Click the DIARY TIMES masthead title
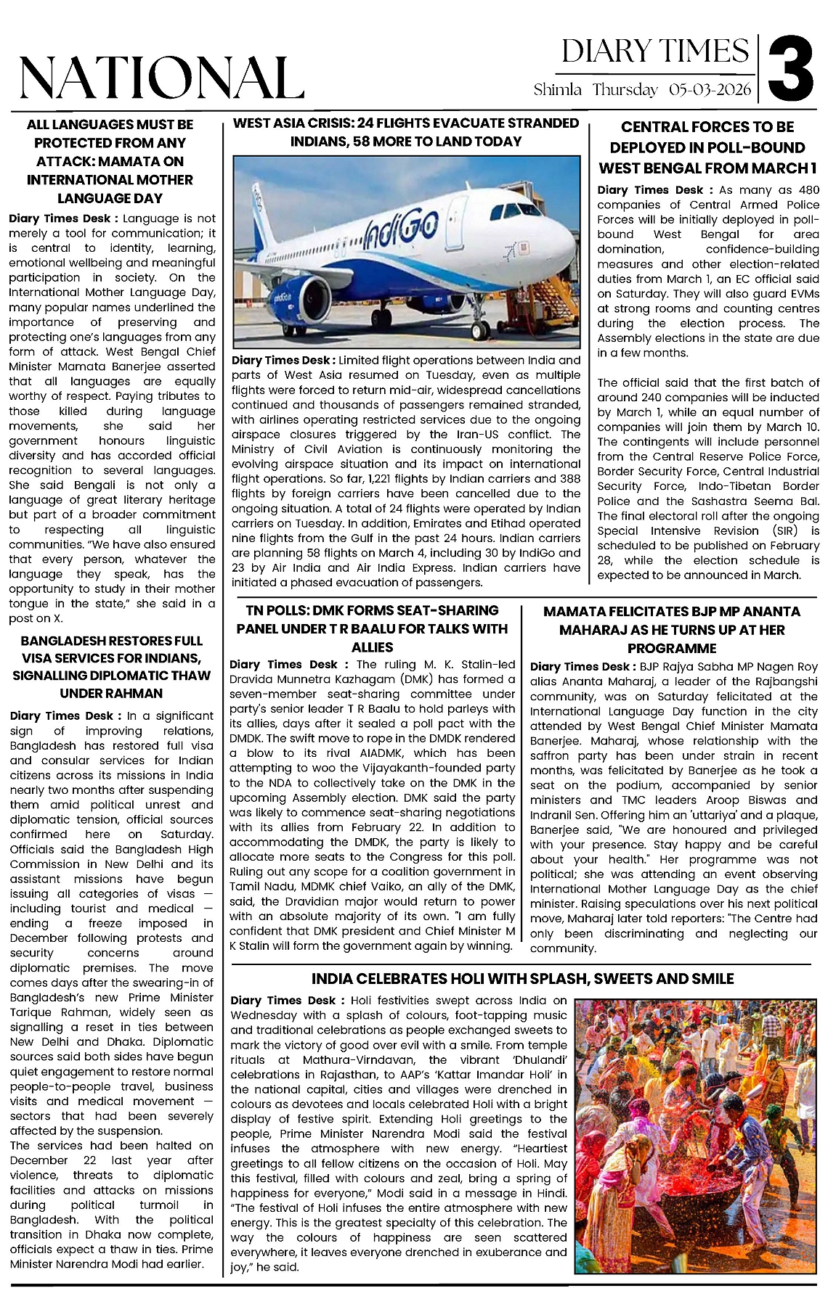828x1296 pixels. click(x=655, y=52)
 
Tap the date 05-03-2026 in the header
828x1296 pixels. click(x=710, y=91)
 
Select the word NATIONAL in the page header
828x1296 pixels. click(x=161, y=78)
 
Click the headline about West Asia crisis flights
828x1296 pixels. click(x=406, y=132)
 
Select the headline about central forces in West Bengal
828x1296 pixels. click(x=707, y=147)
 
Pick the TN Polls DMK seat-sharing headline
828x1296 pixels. click(x=372, y=628)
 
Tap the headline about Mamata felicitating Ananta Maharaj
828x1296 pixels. click(x=671, y=630)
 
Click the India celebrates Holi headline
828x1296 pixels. click(x=522, y=979)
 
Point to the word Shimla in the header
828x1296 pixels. click(x=558, y=91)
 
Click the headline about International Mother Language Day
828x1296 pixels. click(x=110, y=161)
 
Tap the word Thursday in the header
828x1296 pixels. click(x=625, y=91)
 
